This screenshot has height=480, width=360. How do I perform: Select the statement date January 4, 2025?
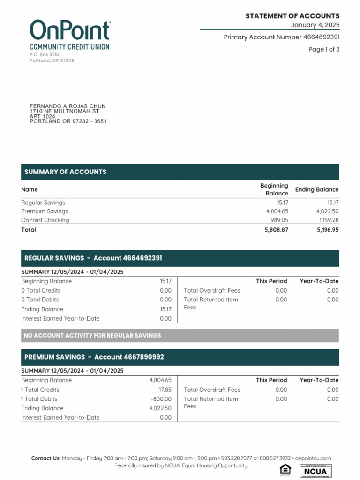(x=315, y=25)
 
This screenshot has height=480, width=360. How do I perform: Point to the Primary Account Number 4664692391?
(x=282, y=37)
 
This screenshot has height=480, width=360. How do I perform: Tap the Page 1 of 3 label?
(x=324, y=49)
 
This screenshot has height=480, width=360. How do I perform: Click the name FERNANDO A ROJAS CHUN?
(x=67, y=106)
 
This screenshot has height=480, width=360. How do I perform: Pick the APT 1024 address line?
(x=42, y=116)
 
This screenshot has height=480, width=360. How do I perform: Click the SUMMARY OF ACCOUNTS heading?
(x=65, y=172)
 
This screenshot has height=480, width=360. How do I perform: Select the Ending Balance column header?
(x=316, y=189)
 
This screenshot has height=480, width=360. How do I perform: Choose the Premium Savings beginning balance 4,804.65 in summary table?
(x=277, y=211)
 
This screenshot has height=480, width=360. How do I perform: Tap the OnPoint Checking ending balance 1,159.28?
(x=329, y=220)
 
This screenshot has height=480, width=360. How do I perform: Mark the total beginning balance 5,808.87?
(x=276, y=230)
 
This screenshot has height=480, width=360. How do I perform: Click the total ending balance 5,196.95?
(x=328, y=230)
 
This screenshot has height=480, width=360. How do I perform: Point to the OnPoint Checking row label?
(x=45, y=220)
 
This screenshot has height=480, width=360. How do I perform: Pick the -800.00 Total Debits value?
(x=161, y=399)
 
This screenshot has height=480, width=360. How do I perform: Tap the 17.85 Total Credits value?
(x=165, y=390)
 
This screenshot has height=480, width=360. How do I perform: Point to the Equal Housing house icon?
(x=285, y=470)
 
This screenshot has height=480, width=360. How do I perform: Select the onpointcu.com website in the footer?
(x=313, y=458)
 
